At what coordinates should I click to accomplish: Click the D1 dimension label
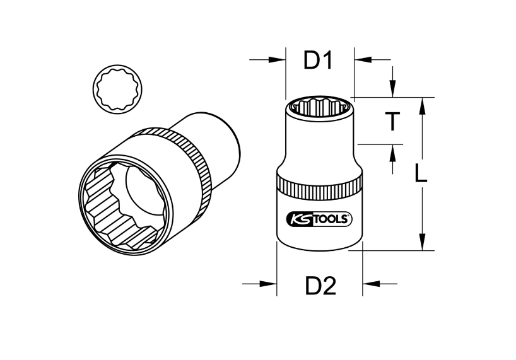(x=319, y=61)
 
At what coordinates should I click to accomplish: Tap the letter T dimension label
(x=392, y=121)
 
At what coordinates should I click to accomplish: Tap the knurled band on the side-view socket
(x=319, y=188)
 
